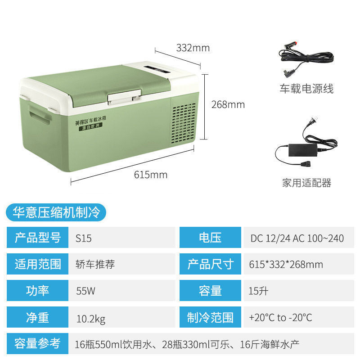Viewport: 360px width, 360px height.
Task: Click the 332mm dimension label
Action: click(193, 48)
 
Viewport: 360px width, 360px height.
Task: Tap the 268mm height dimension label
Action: click(228, 104)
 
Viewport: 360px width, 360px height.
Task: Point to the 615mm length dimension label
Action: click(150, 175)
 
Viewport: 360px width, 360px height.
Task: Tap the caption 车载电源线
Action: click(306, 89)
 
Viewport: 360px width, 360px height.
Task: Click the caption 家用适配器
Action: click(306, 183)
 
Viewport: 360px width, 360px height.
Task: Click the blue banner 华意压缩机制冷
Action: click(56, 211)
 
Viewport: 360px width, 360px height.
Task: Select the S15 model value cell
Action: click(84, 238)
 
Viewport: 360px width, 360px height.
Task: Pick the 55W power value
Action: click(85, 291)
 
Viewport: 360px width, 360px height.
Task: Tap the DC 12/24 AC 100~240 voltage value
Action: click(297, 238)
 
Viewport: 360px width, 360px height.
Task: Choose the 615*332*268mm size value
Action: click(286, 264)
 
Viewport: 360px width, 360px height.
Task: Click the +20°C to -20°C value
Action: click(280, 318)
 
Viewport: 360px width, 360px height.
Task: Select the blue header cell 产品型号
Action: click(37, 238)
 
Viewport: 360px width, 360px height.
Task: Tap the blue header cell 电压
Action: click(210, 238)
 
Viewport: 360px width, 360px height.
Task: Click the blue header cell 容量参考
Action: click(37, 344)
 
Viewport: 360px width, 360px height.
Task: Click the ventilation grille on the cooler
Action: click(184, 122)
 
